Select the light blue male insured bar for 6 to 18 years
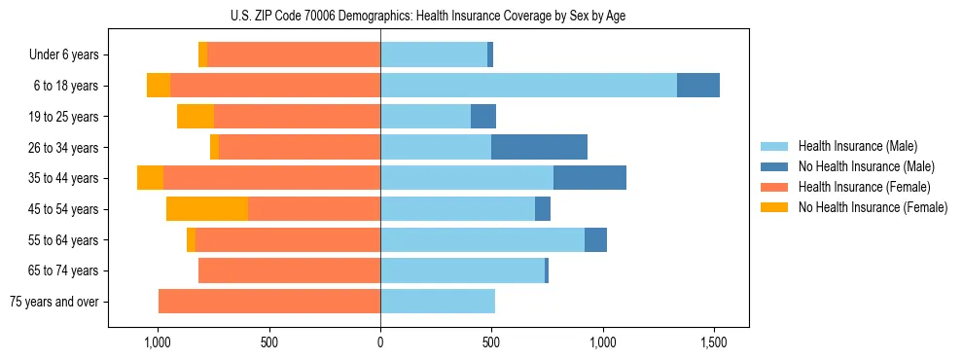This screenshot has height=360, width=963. point(528,86)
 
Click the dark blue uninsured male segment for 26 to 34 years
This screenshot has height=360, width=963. point(539,147)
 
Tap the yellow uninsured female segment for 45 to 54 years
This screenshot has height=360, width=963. point(207,208)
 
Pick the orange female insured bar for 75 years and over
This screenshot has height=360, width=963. point(269,302)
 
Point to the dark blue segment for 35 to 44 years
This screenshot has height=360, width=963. point(589,178)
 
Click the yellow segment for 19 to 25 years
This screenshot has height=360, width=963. point(196,117)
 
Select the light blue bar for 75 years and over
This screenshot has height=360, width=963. point(438,302)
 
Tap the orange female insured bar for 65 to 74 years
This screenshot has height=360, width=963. point(289,270)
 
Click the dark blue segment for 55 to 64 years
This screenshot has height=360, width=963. point(595,239)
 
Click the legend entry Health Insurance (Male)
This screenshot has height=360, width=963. point(857,147)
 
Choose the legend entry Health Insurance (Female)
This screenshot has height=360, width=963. point(864,187)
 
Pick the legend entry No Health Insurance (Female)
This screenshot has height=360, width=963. point(873,207)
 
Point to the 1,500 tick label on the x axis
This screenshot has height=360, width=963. point(714,343)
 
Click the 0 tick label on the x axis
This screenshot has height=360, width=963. point(380,343)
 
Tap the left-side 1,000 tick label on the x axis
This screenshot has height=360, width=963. point(158,343)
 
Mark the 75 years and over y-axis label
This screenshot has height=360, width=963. point(53,302)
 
